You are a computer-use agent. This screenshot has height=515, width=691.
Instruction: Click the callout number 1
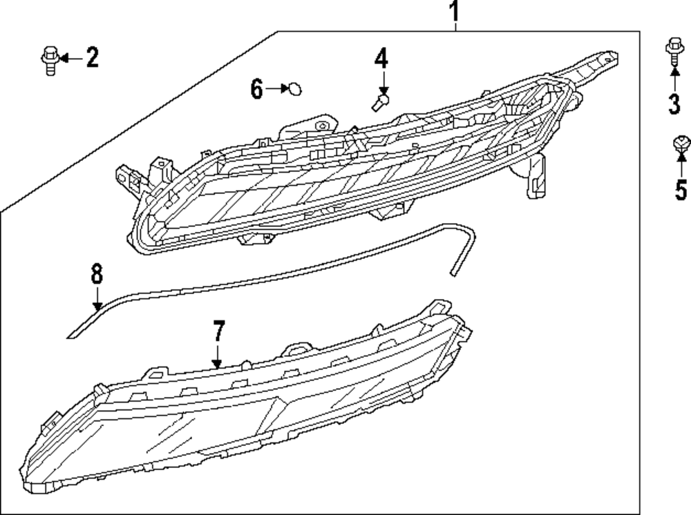point(454,12)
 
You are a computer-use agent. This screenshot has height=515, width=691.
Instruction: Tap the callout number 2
point(92,58)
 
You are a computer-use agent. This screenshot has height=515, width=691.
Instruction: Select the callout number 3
point(674,105)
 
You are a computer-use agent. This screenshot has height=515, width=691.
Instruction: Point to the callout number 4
point(381,58)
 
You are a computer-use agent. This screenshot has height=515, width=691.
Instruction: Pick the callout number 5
point(681,188)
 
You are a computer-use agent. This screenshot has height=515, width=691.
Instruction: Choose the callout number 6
point(256,89)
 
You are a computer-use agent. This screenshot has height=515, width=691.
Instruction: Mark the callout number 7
point(218,331)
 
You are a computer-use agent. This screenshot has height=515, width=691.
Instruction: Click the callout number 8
point(96,274)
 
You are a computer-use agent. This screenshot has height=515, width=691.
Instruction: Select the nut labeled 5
point(681,145)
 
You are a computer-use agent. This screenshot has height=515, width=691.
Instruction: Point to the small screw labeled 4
point(379,103)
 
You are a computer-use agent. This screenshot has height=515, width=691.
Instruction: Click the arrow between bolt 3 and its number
point(674,79)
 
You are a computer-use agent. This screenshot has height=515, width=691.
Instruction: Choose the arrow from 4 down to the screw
point(382,83)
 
